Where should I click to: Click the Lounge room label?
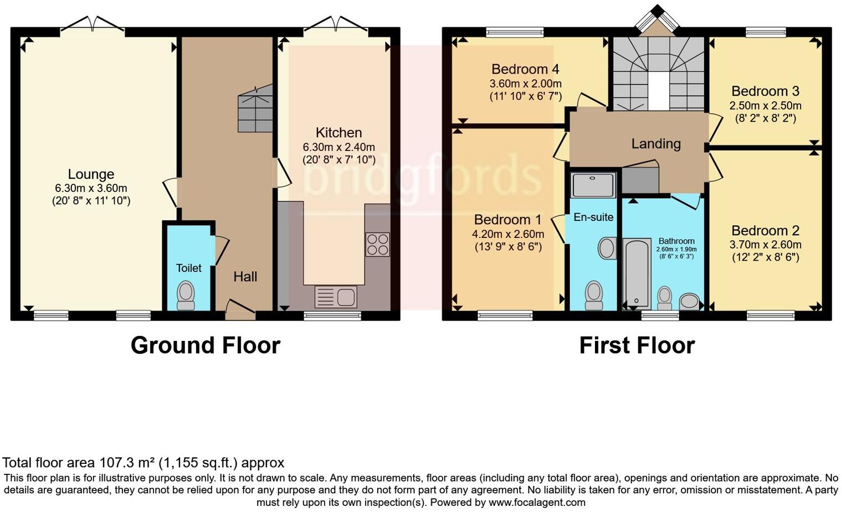click(91, 174)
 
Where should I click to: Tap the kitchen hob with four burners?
click(377, 244)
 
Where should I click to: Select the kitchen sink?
click(335, 296)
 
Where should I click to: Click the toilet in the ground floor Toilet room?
click(186, 295)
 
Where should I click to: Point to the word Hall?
click(245, 277)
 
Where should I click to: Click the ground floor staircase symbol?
click(255, 110)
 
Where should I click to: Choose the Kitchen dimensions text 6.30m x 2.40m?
click(338, 147)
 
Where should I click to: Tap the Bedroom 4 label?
click(525, 69)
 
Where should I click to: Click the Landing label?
click(656, 144)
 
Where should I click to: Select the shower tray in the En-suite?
click(593, 185)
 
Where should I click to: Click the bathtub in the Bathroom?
click(636, 273)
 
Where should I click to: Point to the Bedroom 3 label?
click(765, 91)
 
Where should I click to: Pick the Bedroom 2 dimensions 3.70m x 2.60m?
click(765, 245)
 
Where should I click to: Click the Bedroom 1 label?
click(507, 220)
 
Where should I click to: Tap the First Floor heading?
click(636, 345)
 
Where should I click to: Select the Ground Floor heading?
click(206, 345)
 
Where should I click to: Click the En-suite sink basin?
click(607, 248)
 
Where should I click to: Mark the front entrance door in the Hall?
click(240, 309)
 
